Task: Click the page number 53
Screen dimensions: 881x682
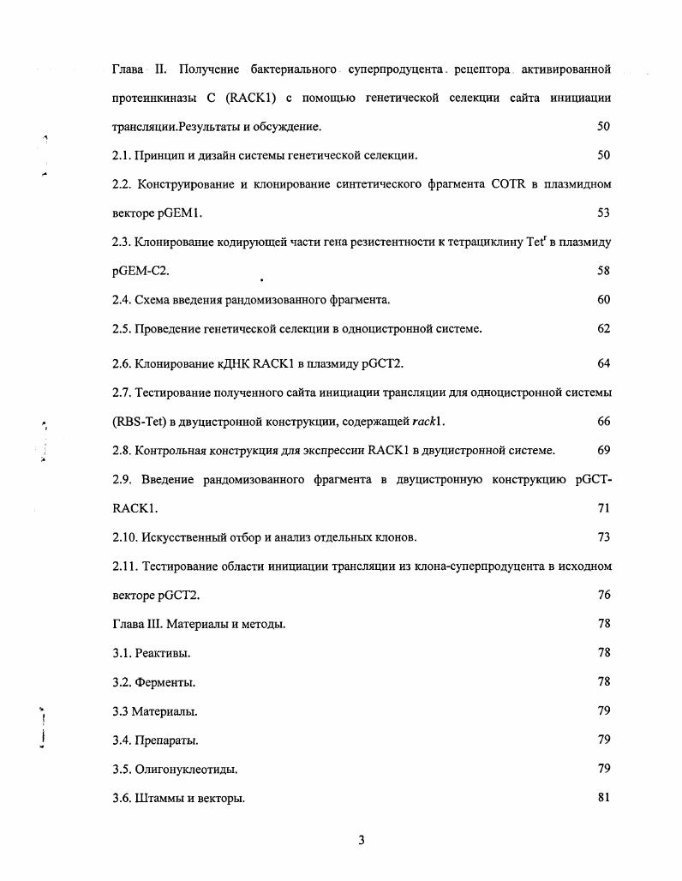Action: tap(603, 213)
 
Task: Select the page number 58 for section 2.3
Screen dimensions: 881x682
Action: tap(603, 271)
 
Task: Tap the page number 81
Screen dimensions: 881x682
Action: tap(603, 798)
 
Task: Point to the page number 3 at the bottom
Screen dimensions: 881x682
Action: tap(361, 840)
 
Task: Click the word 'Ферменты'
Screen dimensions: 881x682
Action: tap(165, 682)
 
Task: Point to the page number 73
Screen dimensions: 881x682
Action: tap(603, 537)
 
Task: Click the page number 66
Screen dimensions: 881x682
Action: tap(603, 422)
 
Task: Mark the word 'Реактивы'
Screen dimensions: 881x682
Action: tap(163, 653)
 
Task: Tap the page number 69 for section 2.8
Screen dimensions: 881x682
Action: tap(603, 451)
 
